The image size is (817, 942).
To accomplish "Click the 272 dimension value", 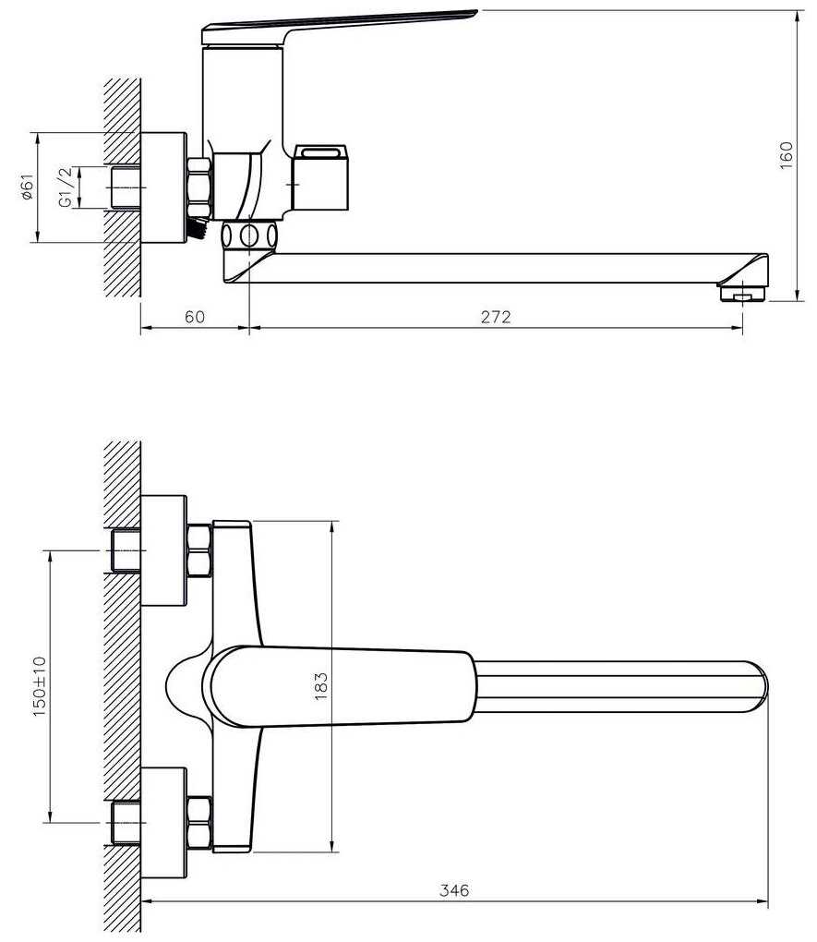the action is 495,317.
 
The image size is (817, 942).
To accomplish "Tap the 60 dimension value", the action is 195,317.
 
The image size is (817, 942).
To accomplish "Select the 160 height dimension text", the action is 787,155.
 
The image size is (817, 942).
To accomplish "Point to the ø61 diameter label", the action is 27,187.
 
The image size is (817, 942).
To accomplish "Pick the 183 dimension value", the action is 321,686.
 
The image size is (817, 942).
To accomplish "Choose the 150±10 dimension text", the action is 40,686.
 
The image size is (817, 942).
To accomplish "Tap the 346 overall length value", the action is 454,890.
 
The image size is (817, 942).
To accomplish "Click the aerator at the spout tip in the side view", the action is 743,294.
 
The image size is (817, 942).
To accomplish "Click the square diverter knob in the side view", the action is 320,177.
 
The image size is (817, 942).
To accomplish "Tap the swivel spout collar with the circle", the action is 249,235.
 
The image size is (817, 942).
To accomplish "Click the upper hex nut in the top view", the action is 199,551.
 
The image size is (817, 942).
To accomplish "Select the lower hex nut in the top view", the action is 199,823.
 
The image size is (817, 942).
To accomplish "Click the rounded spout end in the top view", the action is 758,687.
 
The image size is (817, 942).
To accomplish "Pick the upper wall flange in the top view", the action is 163,551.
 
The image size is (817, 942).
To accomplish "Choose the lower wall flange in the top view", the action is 163,823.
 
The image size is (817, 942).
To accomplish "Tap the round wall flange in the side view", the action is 163,188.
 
